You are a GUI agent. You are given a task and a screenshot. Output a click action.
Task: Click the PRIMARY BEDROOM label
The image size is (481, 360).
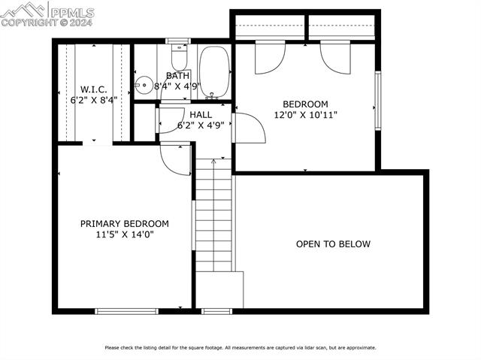(125, 224)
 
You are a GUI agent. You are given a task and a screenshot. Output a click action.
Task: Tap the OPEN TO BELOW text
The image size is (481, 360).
(333, 244)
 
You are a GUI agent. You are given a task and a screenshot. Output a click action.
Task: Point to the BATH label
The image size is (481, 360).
(178, 76)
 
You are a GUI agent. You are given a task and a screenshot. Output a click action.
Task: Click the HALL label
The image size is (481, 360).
(201, 115)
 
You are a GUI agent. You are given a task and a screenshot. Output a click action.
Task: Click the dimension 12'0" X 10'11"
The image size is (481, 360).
(305, 115)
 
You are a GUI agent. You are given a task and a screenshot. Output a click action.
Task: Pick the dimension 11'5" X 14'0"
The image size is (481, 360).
(125, 234)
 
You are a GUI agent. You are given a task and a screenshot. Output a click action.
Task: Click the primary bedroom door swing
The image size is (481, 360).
(174, 159)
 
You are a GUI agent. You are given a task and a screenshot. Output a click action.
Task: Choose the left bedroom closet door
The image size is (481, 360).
(270, 59)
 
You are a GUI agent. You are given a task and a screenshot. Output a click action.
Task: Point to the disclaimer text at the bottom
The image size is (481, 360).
(240, 347)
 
